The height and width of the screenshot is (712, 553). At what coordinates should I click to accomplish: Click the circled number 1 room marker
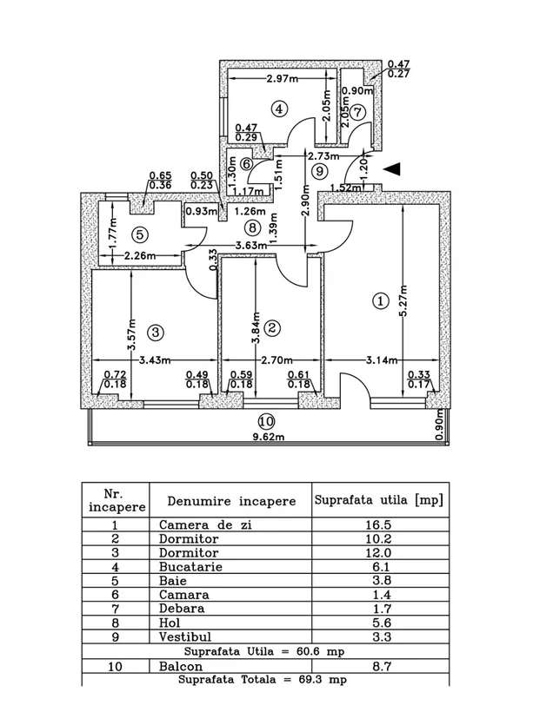[381, 301]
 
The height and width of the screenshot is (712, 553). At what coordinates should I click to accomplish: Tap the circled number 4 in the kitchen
[279, 109]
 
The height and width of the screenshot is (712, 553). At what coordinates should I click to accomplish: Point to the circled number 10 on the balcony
[266, 422]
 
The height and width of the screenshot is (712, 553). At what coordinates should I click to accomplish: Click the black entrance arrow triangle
[392, 168]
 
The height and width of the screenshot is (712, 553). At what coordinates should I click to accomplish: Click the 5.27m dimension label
[404, 300]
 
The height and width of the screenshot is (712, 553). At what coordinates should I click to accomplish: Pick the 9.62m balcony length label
[268, 438]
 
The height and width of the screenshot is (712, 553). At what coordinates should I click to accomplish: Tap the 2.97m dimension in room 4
[283, 78]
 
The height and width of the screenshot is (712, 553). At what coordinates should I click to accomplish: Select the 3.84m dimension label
[257, 327]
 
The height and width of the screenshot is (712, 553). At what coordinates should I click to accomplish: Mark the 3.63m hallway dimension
[251, 246]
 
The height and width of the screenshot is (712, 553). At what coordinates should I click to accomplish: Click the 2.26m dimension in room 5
[140, 255]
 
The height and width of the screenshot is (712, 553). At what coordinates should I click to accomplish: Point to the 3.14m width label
[382, 360]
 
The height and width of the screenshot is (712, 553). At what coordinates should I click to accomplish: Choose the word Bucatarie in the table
[190, 567]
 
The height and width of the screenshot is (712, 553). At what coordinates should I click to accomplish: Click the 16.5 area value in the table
[378, 525]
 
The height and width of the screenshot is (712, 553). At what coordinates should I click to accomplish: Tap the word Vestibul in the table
[185, 636]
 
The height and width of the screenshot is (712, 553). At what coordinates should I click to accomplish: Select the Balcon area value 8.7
[382, 666]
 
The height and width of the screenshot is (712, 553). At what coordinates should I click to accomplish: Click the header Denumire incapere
[231, 501]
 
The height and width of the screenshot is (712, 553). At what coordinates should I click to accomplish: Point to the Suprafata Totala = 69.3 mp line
[263, 680]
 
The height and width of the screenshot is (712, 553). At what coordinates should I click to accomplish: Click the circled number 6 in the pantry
[246, 163]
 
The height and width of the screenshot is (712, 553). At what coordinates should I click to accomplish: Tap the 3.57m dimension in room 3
[132, 334]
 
